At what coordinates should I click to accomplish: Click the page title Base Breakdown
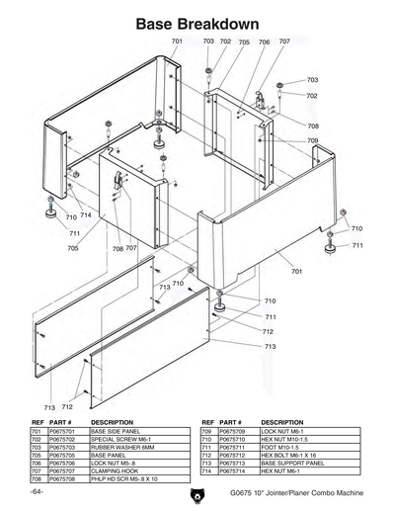click(197, 23)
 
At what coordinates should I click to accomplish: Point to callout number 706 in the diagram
click(263, 43)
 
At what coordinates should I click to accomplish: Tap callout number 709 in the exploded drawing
click(312, 141)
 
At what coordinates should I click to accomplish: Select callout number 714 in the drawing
click(86, 214)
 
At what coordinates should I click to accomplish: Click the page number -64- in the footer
click(37, 492)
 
